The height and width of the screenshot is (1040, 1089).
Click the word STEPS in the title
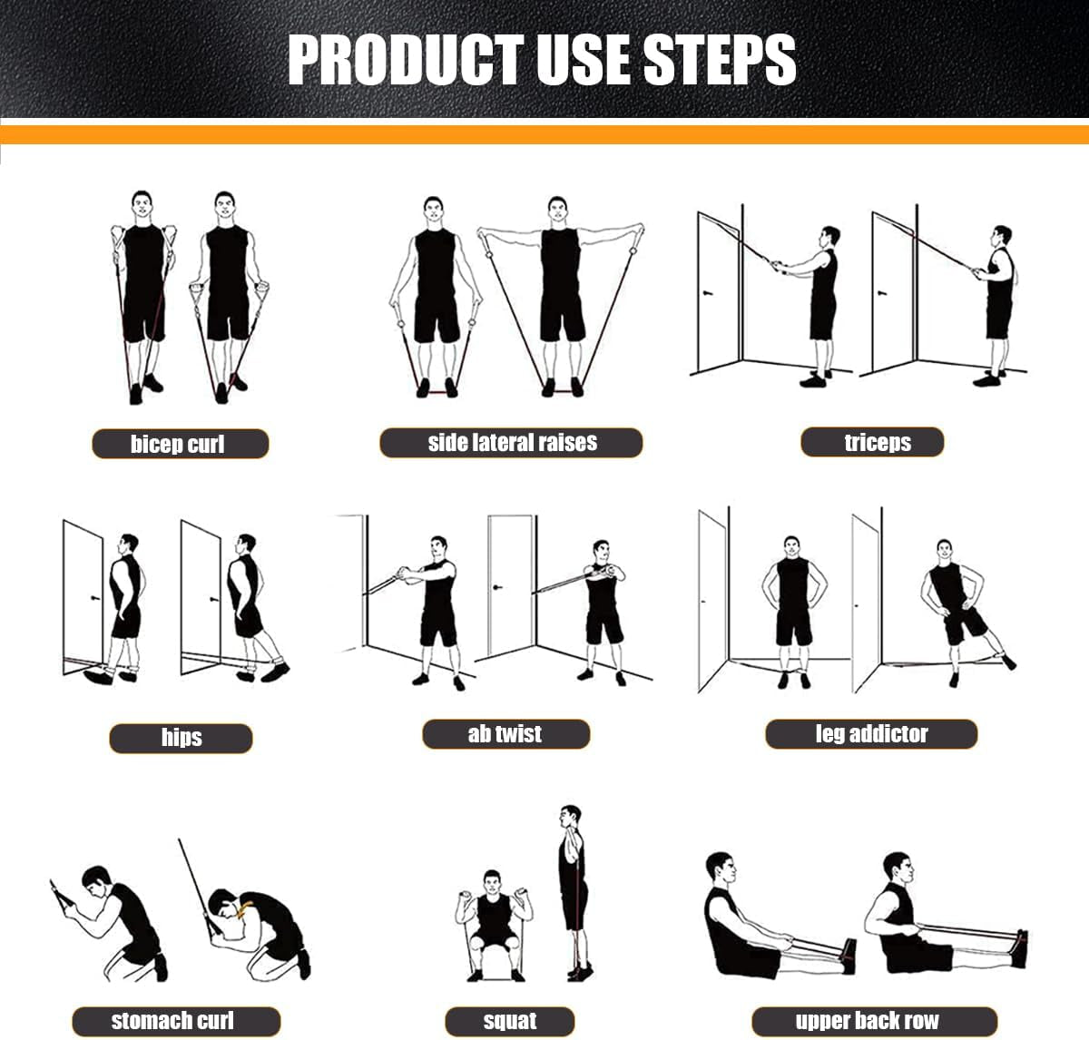(719, 60)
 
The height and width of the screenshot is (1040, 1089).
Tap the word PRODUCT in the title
(407, 60)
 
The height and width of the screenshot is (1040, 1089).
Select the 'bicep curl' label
(179, 444)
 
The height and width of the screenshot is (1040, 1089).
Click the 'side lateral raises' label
(512, 443)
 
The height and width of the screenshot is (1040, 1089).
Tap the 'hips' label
(181, 737)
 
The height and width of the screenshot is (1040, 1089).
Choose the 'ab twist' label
(505, 733)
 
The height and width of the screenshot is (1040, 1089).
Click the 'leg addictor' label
(871, 733)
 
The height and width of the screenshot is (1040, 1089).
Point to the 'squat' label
(510, 1020)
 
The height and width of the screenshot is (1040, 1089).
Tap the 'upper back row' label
(868, 1020)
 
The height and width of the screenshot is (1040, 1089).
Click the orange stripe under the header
(544, 135)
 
